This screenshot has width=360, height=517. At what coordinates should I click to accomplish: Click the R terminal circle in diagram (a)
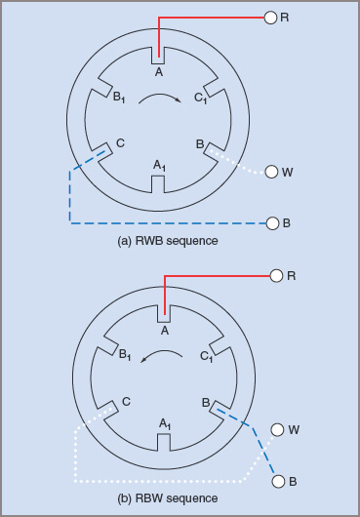point(271,18)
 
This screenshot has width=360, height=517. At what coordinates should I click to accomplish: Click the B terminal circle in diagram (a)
point(272,223)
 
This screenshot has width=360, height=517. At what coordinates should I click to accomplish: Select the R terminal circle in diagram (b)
point(277,276)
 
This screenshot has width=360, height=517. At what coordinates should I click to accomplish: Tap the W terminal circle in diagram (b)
point(278,429)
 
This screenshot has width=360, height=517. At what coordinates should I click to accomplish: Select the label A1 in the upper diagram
point(161,167)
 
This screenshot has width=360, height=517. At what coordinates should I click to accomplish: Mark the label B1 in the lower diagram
point(120,355)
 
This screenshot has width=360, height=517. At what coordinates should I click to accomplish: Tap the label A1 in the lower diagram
point(166,424)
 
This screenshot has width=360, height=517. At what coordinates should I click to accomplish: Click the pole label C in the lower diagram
point(126,401)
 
